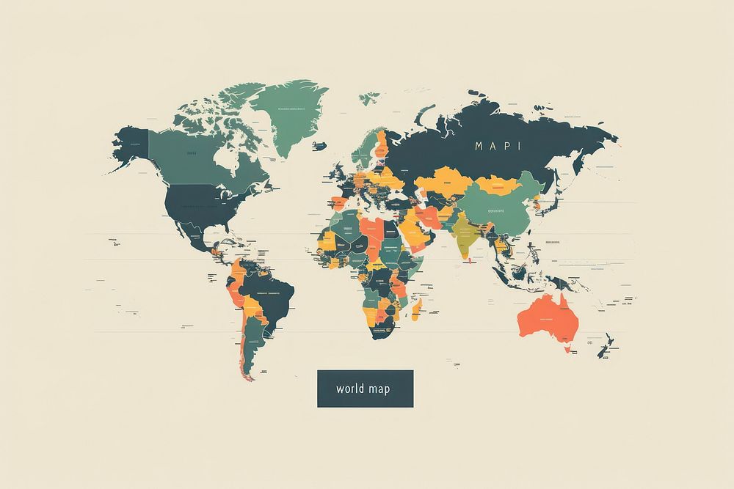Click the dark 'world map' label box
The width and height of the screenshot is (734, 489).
tap(365, 389)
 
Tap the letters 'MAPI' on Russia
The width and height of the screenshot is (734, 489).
tap(498, 145)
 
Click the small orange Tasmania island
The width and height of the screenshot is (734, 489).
tap(567, 349)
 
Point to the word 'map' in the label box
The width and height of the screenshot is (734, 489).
tap(379, 389)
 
